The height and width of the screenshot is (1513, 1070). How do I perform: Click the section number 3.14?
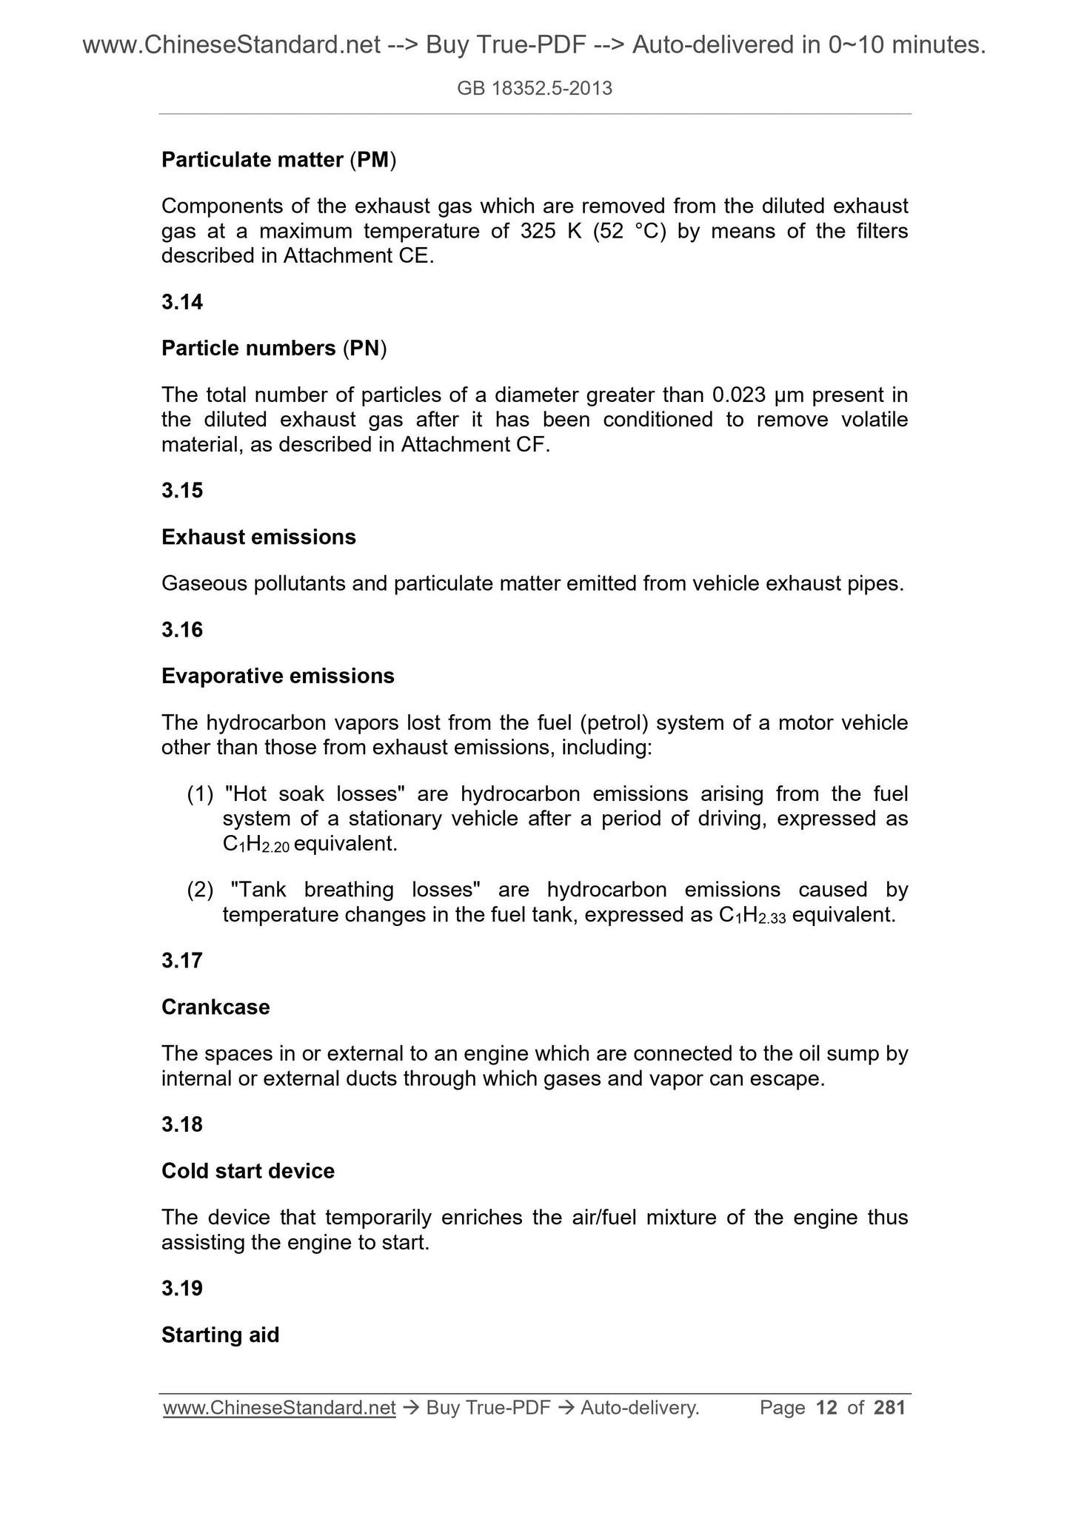point(182,302)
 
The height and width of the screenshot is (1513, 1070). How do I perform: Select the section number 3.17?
point(182,960)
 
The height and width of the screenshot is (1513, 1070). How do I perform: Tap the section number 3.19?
point(182,1288)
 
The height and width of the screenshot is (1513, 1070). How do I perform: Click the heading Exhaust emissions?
point(258,537)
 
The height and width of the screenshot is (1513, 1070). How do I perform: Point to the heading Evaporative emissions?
point(278,676)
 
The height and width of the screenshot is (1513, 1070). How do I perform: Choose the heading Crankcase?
point(215,1007)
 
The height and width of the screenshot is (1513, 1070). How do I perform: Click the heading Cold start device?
point(248,1170)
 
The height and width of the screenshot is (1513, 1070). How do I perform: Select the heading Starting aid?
point(220,1335)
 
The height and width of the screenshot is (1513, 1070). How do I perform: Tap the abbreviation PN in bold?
point(364,348)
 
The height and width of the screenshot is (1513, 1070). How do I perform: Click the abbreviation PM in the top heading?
point(372,159)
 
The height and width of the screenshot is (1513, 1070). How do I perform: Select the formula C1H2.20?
point(255,845)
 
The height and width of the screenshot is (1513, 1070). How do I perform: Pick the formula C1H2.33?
point(752,915)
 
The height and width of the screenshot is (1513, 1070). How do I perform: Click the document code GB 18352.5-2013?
point(535,89)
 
